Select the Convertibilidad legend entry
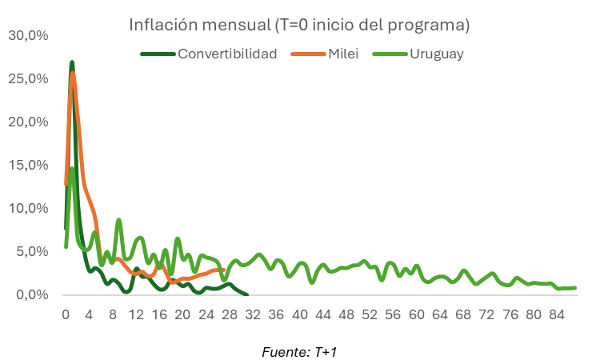pyautogui.click(x=227, y=54)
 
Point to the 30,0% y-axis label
pyautogui.click(x=28, y=36)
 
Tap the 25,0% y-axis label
pyautogui.click(x=28, y=79)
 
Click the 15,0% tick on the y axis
pyautogui.click(x=28, y=166)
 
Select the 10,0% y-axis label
pyautogui.click(x=28, y=209)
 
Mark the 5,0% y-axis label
pyautogui.click(x=30, y=252)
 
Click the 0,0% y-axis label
pyautogui.click(x=30, y=295)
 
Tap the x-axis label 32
pyautogui.click(x=253, y=314)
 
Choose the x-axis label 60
pyautogui.click(x=416, y=314)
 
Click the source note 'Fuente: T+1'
pyautogui.click(x=299, y=351)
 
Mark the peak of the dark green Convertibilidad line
pyautogui.click(x=72, y=62)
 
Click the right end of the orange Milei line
pyautogui.click(x=223, y=270)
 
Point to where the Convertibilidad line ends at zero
pyautogui.click(x=246, y=294)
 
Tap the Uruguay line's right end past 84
pyautogui.click(x=574, y=288)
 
